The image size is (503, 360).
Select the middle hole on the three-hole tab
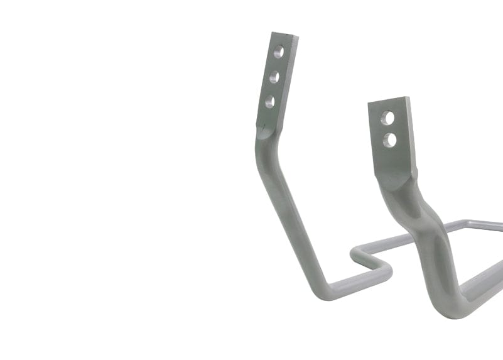[x=275, y=78]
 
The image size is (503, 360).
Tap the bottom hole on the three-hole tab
[x=270, y=101]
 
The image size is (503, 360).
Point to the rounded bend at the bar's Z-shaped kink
[x=384, y=271]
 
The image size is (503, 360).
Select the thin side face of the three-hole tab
[x=261, y=79]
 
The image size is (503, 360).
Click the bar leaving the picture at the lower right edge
[x=493, y=276]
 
